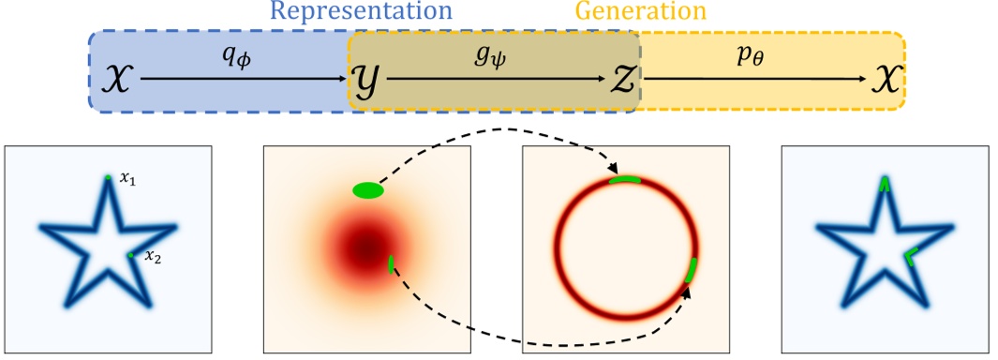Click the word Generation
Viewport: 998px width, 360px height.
click(x=641, y=12)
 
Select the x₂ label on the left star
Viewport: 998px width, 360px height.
click(x=151, y=258)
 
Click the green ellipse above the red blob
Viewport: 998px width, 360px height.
click(x=368, y=191)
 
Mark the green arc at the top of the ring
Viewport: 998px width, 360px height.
click(x=625, y=179)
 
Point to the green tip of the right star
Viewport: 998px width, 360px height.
click(x=884, y=184)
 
